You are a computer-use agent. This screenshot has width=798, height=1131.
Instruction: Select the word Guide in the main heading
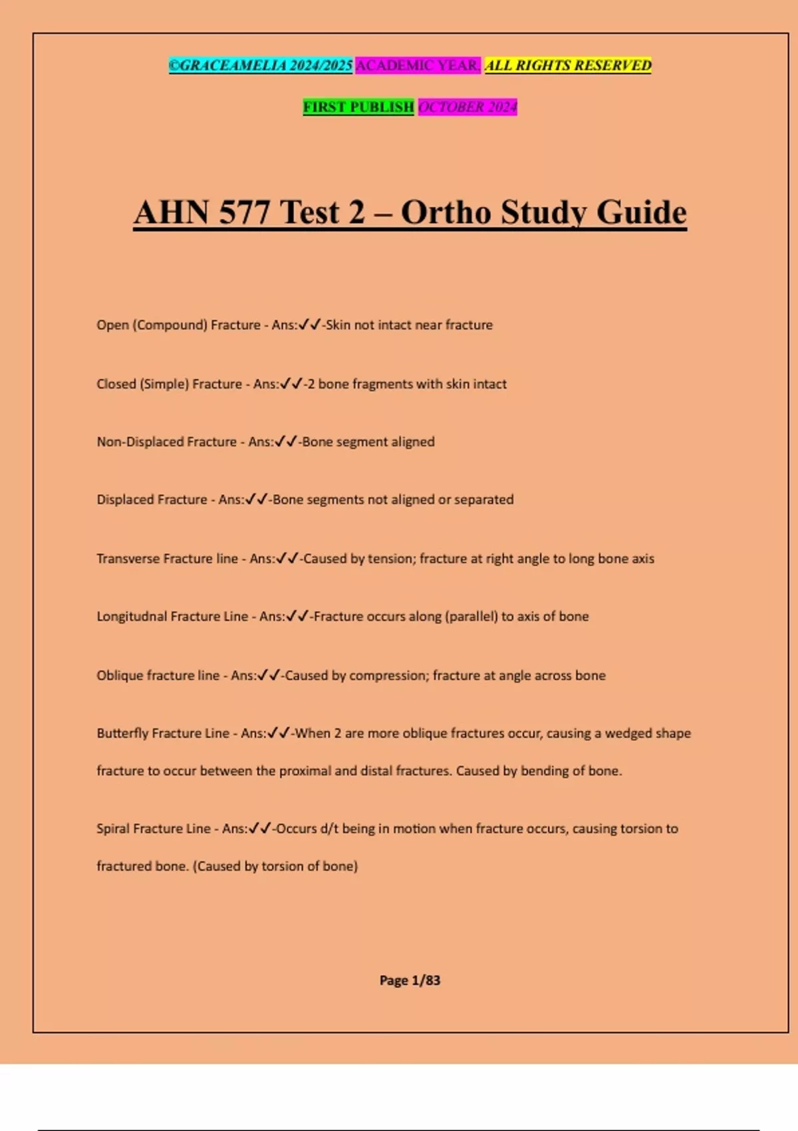[x=641, y=213]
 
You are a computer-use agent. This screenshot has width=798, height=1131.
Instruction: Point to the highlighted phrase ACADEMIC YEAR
[x=418, y=65]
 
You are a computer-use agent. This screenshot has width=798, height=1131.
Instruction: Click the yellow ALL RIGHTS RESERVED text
[x=568, y=65]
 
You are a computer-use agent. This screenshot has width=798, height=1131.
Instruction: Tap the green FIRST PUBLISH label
[x=358, y=107]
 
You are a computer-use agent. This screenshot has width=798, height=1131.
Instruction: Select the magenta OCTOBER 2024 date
[x=467, y=107]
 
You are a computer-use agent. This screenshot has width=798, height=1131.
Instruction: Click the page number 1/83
[x=426, y=980]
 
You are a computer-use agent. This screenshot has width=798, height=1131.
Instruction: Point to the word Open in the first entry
[x=112, y=325]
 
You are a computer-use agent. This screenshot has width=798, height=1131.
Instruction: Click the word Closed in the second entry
[x=116, y=384]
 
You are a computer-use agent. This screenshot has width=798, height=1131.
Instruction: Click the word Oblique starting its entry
[x=120, y=675]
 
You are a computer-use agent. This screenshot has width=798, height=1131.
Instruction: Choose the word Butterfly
[x=122, y=733]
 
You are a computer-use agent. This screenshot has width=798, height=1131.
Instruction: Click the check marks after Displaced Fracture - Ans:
[x=257, y=500]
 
